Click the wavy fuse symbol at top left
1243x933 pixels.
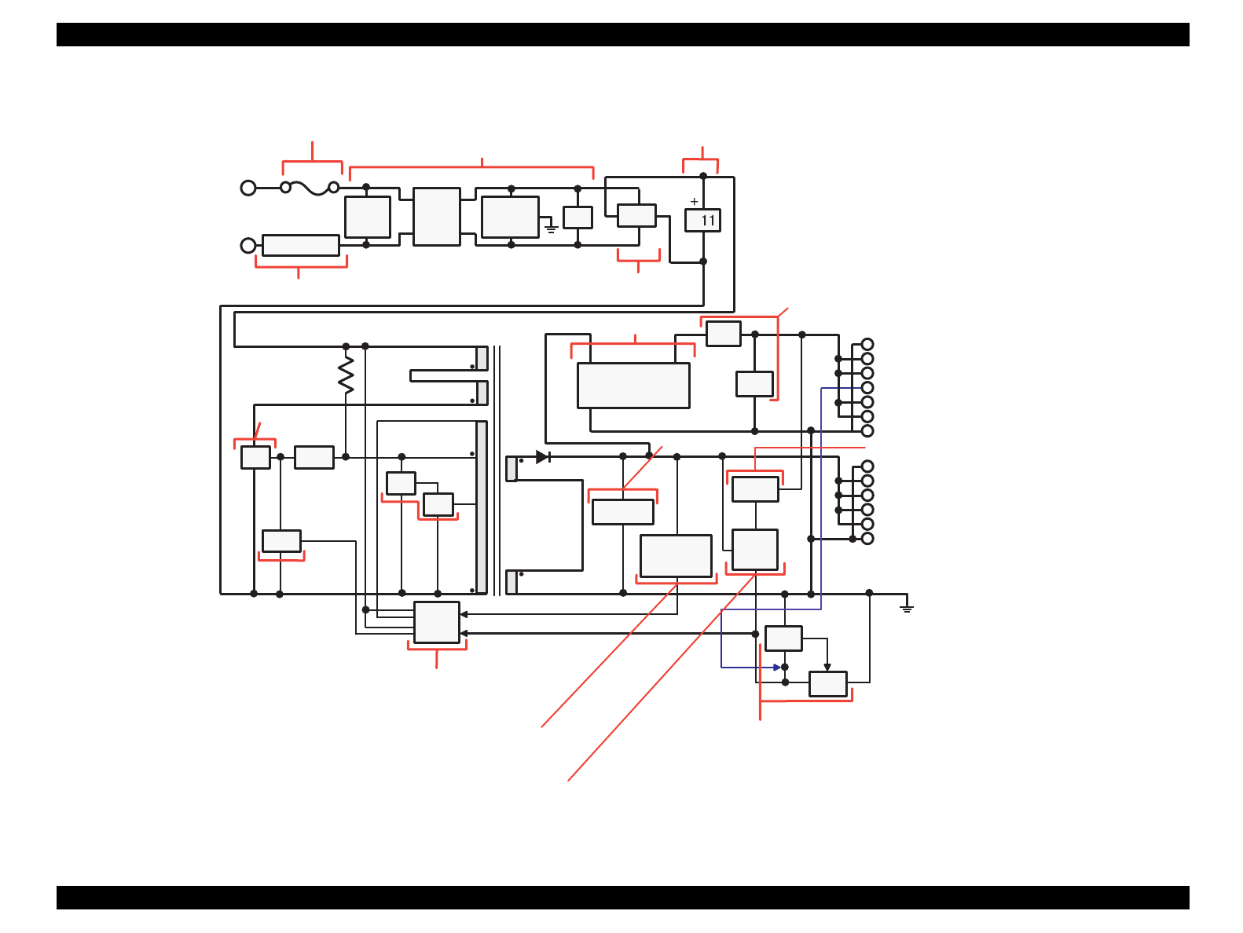click(x=310, y=188)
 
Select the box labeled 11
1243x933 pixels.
click(x=702, y=220)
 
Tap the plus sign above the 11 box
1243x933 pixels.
click(x=695, y=201)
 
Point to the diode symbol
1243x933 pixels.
click(x=543, y=456)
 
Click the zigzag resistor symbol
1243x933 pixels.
click(x=346, y=374)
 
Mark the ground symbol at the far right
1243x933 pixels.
click(x=907, y=608)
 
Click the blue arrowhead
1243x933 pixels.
click(x=777, y=668)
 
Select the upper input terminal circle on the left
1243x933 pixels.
click(x=248, y=188)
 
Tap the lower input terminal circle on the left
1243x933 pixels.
click(x=248, y=246)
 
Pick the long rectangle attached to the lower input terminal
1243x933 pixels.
click(x=301, y=246)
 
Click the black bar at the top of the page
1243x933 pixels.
click(x=623, y=35)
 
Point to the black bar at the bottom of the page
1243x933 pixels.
click(x=623, y=898)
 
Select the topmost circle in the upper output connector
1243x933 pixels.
click(x=867, y=344)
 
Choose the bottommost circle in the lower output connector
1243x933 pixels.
click(x=867, y=539)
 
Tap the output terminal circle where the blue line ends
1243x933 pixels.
click(x=867, y=388)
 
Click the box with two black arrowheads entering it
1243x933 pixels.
click(x=437, y=622)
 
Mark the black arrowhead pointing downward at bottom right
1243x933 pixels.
click(x=827, y=668)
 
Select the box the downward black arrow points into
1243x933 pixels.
click(x=828, y=684)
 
